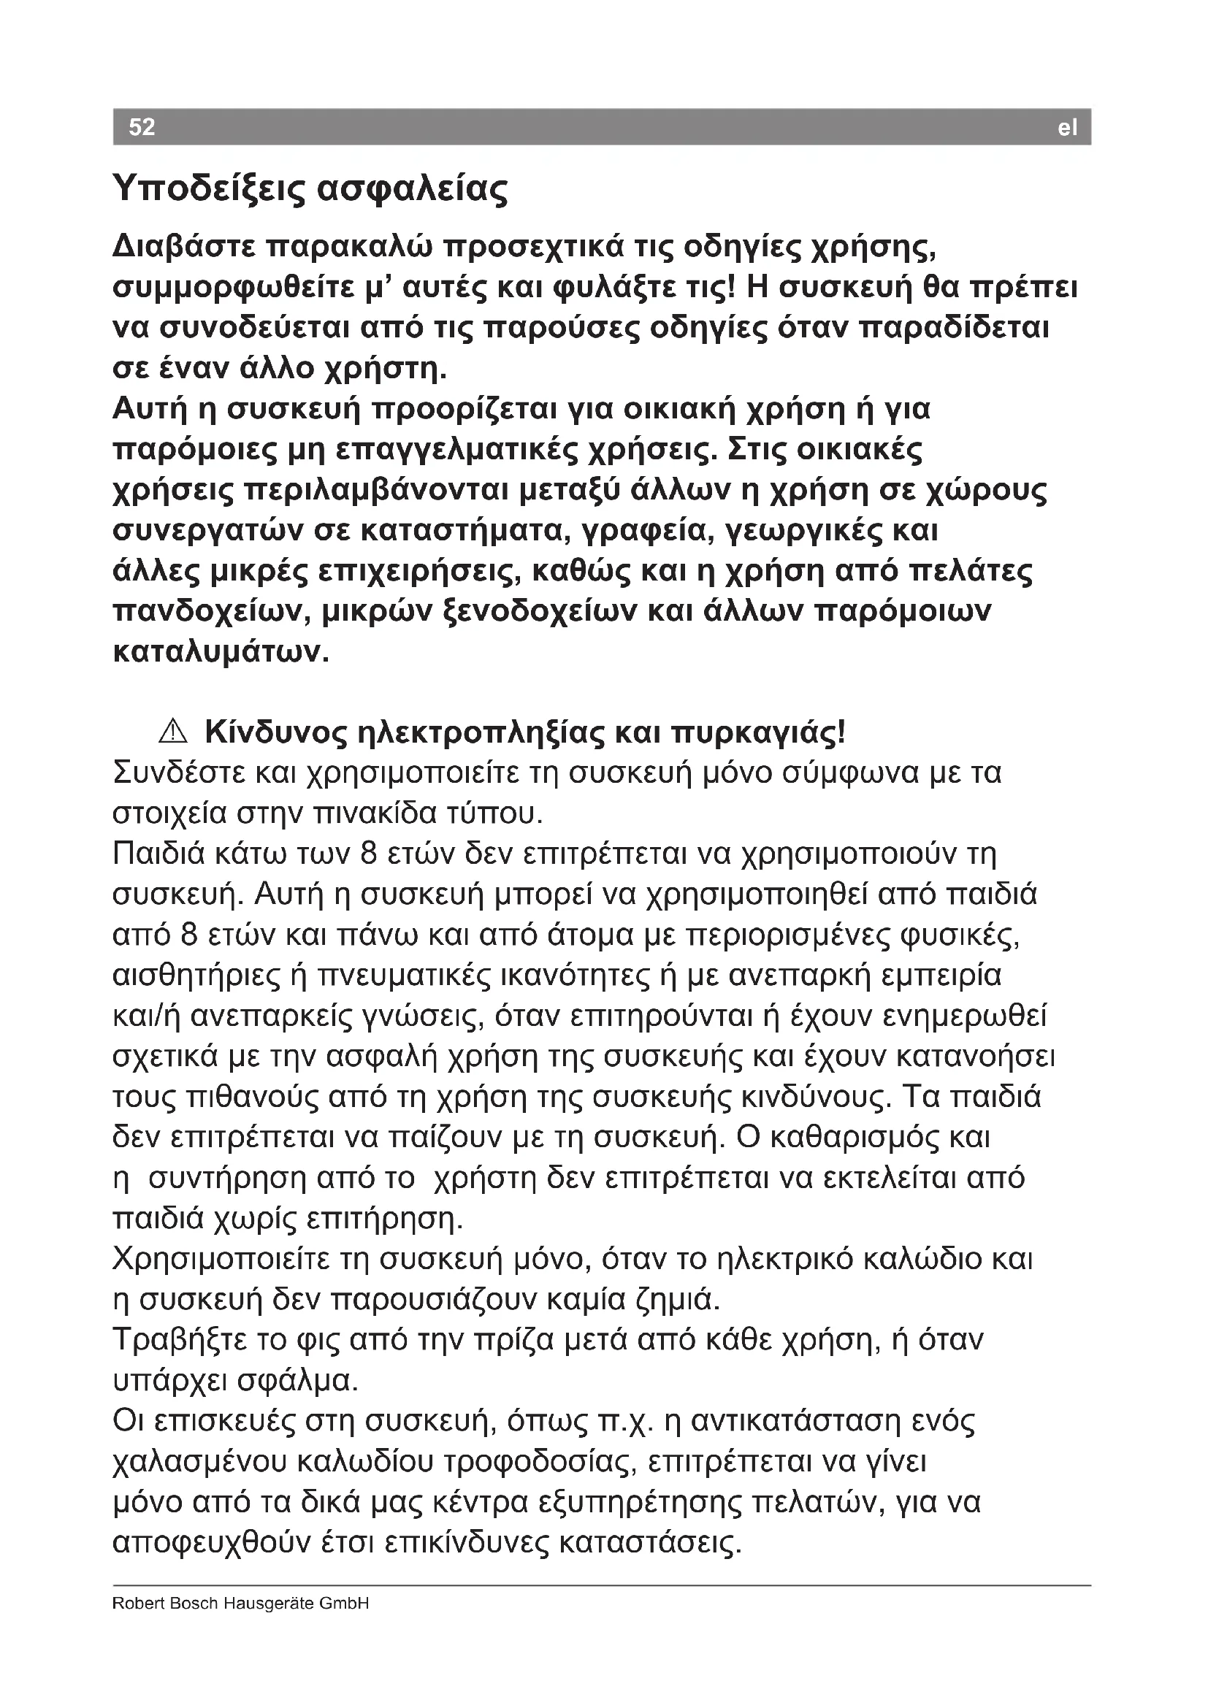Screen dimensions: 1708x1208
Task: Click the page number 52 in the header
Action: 142,127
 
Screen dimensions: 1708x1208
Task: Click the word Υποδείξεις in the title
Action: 208,189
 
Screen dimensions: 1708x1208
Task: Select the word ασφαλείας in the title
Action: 413,189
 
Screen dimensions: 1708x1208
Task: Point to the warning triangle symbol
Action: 172,732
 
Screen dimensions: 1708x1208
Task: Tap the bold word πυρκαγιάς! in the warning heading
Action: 758,733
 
